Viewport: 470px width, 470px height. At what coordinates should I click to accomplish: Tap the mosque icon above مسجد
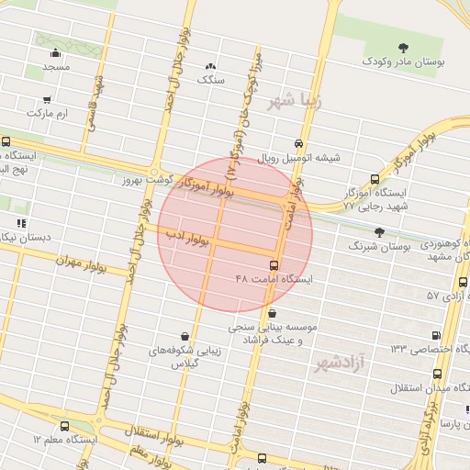pos(56,53)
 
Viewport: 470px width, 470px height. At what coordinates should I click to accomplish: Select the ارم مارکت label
pos(49,113)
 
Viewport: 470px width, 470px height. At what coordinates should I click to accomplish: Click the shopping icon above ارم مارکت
pos(46,98)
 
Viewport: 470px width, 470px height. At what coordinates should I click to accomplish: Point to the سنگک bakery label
pos(211,80)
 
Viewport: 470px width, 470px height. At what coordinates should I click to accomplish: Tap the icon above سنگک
pos(211,66)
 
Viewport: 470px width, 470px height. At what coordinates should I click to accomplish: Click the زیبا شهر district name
pos(295,102)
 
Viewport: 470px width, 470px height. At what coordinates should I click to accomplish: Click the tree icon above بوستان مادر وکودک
pos(404,47)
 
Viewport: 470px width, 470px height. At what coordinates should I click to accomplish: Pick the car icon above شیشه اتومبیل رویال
pos(299,143)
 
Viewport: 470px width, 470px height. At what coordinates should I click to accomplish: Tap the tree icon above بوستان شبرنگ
pos(380,232)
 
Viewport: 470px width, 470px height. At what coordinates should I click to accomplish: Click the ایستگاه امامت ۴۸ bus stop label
pos(274,278)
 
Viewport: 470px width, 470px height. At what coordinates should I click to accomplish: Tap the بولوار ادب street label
pos(189,238)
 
